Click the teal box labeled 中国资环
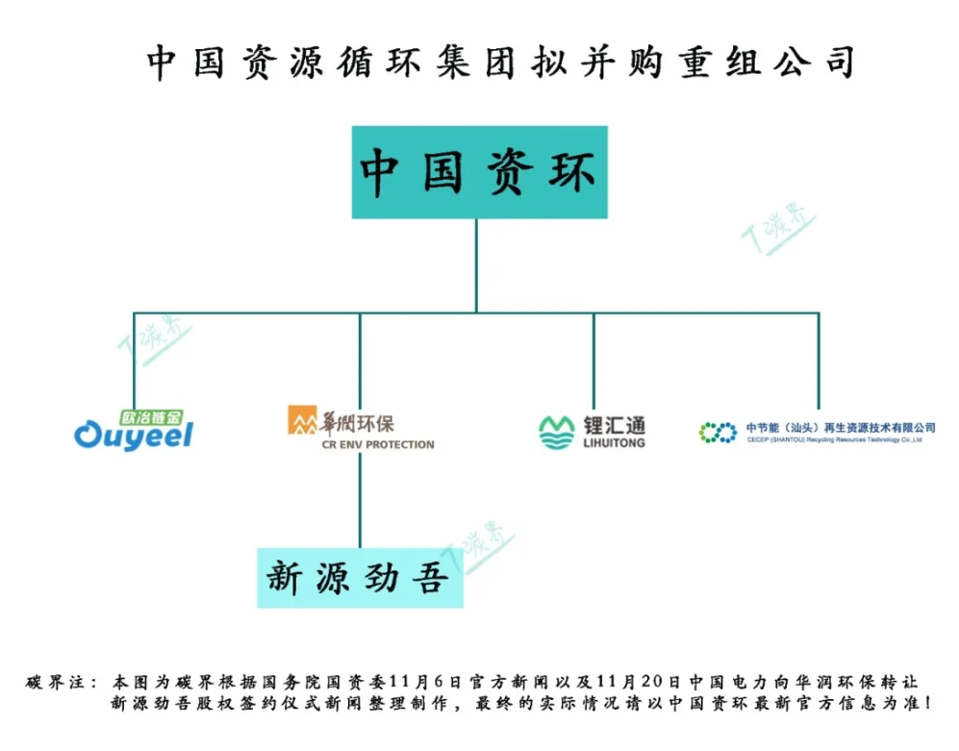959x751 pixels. point(477,172)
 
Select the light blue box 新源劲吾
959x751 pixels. point(359,578)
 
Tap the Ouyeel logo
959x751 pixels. point(133,436)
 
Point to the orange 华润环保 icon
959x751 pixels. point(301,420)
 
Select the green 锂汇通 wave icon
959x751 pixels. point(556,432)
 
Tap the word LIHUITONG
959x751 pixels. point(614,443)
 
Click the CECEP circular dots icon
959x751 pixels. point(718,433)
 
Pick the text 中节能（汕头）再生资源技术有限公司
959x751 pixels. point(841,427)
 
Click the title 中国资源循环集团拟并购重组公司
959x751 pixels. point(500,63)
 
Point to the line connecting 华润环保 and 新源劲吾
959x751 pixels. point(361,500)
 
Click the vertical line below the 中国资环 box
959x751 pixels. point(476,264)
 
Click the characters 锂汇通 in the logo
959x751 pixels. point(614,424)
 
